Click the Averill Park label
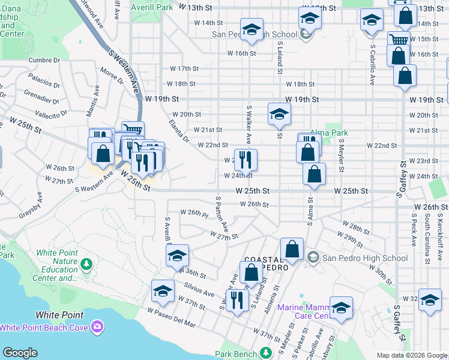(157, 7)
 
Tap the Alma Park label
(329, 133)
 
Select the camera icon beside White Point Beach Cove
(97, 327)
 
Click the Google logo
(20, 353)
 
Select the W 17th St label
(184, 69)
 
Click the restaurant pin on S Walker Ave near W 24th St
(246, 160)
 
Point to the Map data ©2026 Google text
(411, 355)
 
